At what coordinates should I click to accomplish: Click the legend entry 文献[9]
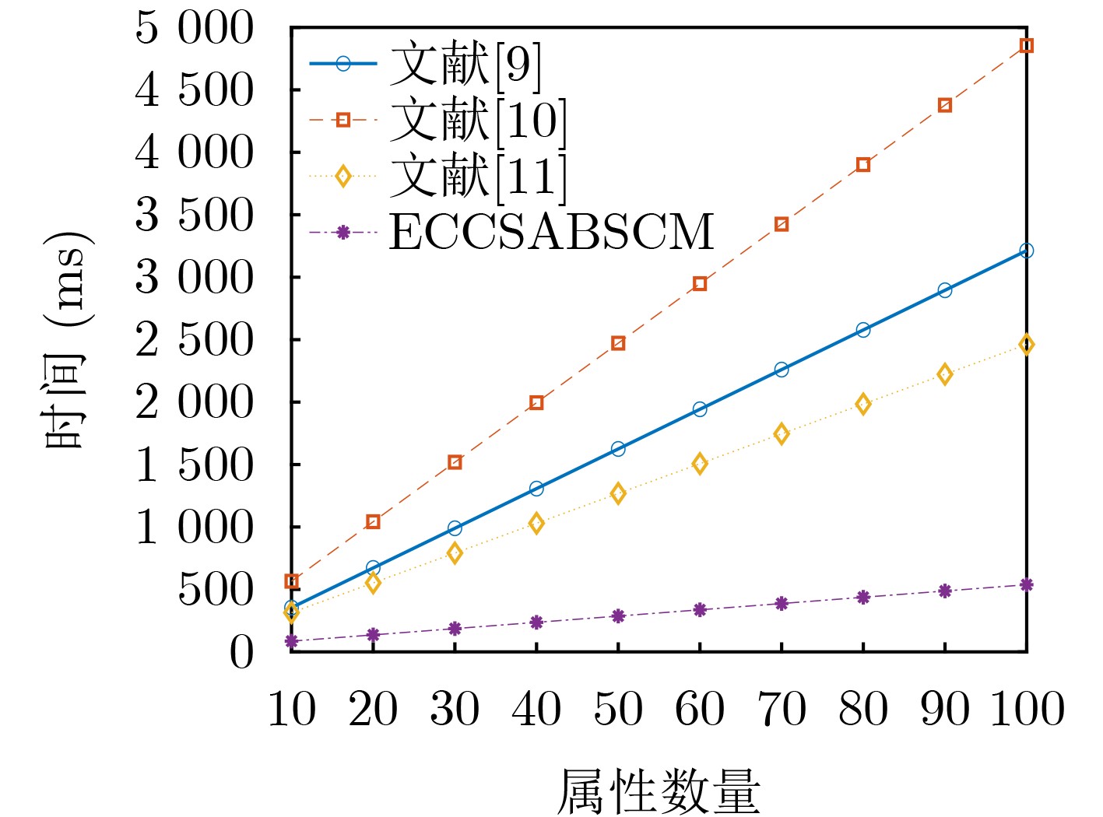[x=465, y=65]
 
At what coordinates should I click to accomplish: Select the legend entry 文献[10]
[x=477, y=121]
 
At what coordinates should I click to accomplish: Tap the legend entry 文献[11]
[x=477, y=177]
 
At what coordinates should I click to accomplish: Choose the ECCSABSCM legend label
[x=550, y=232]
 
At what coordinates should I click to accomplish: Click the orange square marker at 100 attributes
[x=1026, y=46]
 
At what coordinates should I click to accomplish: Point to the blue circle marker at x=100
[x=1026, y=251]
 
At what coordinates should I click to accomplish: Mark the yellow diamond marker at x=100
[x=1026, y=345]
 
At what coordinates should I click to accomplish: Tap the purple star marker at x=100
[x=1026, y=584]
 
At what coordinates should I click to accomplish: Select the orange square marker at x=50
[x=618, y=343]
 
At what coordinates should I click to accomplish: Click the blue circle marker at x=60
[x=700, y=409]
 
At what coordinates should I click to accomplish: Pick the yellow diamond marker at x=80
[x=862, y=404]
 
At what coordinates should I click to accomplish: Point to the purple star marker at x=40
[x=536, y=622]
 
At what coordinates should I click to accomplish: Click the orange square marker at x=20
[x=373, y=521]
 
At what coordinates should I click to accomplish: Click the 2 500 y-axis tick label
[x=195, y=340]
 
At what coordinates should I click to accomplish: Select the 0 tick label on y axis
[x=241, y=652]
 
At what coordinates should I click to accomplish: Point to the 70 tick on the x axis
[x=782, y=710]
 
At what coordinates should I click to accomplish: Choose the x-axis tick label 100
[x=1027, y=710]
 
